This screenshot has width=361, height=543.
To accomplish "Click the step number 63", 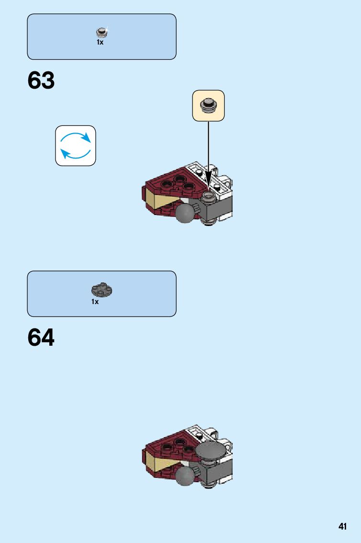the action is point(41,80).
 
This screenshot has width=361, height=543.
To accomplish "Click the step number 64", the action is point(41,338).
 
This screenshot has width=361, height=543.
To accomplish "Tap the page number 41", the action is point(342,527).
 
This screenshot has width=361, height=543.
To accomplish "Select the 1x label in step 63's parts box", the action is point(100,43).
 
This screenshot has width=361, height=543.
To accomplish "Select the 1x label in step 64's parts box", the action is point(95,302).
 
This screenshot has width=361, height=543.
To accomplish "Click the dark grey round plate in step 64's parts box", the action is point(101,290).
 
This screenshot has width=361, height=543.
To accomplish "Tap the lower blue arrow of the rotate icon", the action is point(75,154).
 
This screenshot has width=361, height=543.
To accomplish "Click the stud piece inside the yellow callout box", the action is point(208,105).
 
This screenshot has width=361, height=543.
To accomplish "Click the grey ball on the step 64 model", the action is point(185,475).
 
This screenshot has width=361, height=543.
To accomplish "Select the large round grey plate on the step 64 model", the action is point(211,451).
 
